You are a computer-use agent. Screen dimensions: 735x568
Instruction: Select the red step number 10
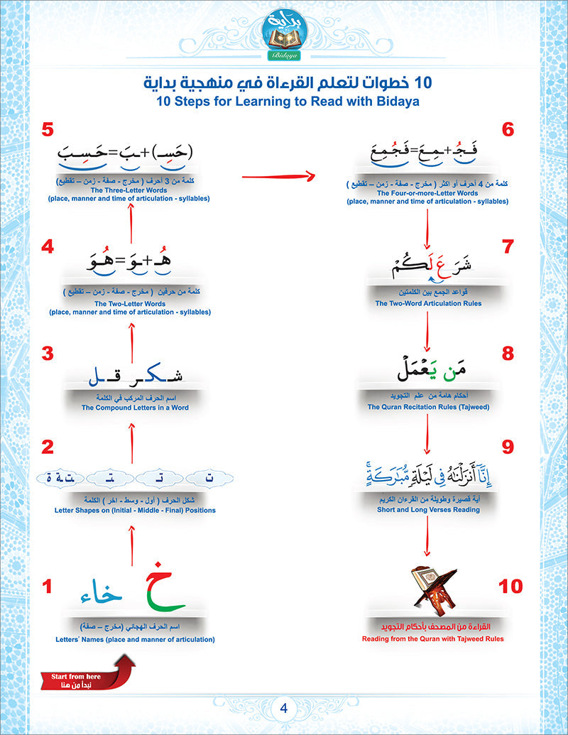coord(510,587)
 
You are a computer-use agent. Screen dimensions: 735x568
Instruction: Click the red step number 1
coord(48,587)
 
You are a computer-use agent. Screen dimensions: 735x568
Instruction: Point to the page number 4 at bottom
coord(283,708)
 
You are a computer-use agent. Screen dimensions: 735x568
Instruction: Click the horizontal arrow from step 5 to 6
coord(278,175)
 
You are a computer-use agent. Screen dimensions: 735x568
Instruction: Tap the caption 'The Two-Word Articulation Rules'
coord(428,303)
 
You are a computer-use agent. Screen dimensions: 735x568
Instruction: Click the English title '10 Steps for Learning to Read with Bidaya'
coord(284,102)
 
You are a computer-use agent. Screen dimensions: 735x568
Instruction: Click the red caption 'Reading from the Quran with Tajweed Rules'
coord(426,638)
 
